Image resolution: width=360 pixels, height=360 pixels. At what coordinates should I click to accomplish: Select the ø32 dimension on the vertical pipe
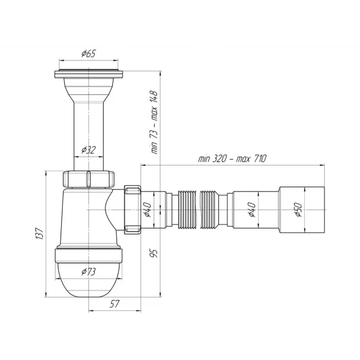coord(89,150)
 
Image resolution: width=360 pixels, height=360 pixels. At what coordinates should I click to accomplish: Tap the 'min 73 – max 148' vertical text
coord(154,123)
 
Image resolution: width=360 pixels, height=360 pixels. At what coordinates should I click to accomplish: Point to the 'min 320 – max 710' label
coord(232,158)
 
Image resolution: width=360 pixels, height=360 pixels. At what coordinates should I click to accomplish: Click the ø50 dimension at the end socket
coord(297,210)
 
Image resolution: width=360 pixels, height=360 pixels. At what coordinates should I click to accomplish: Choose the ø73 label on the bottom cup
coord(89,272)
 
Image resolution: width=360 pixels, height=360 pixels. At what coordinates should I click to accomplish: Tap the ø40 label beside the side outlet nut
coord(147,209)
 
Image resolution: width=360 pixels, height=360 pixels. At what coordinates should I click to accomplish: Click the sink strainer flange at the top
coord(89,75)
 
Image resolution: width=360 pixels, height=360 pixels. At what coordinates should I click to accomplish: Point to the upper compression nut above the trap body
coord(89,179)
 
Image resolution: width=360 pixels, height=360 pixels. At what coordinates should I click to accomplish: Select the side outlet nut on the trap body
coord(133,208)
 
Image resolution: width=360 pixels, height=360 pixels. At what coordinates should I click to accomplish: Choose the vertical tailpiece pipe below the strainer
coord(89,129)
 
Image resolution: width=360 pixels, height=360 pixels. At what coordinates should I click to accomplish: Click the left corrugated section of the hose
coord(187,209)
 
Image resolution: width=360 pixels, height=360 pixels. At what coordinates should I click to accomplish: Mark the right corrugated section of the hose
coord(211,209)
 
